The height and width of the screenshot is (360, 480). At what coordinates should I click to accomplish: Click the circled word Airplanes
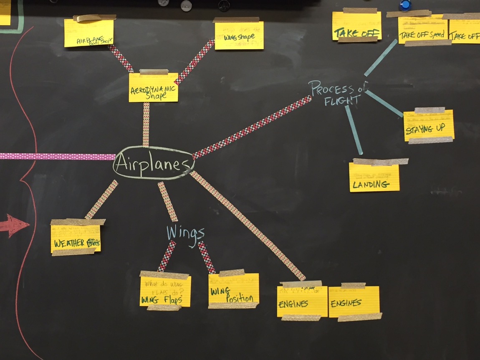pos(153,163)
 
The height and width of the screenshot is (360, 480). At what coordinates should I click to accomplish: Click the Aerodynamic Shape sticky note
pos(153,88)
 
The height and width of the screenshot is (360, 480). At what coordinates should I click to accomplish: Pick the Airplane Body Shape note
pos(89,33)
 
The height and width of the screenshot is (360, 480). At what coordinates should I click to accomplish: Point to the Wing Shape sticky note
pos(239,36)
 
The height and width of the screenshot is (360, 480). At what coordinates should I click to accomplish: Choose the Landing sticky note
pos(374,177)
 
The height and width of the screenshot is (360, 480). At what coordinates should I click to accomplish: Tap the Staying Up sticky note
pos(428,125)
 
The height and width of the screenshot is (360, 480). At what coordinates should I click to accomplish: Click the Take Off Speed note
pos(423,30)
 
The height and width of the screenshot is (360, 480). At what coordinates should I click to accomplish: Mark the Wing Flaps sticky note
pos(165,291)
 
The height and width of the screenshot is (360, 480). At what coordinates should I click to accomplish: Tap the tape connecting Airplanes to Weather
pos(101,199)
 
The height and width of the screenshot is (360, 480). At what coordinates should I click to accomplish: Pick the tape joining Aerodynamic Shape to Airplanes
pos(146,124)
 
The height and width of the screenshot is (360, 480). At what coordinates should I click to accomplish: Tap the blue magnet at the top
pos(405,5)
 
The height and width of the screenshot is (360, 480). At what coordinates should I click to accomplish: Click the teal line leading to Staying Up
pos(385,104)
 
